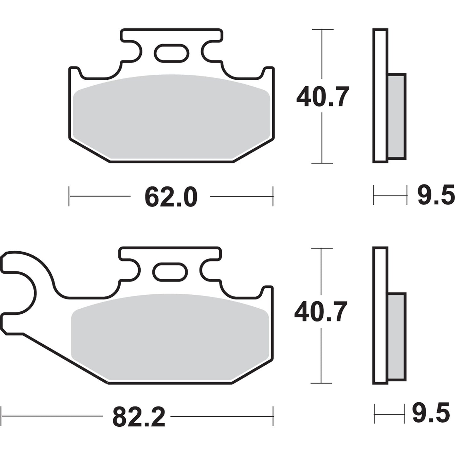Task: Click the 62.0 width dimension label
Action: click(x=171, y=197)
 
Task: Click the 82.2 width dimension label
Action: click(x=139, y=417)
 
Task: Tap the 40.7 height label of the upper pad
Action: click(x=322, y=97)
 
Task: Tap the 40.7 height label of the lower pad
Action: click(x=321, y=312)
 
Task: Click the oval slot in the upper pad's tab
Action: click(x=172, y=53)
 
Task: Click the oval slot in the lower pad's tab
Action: click(x=170, y=272)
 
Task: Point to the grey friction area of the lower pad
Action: click(x=170, y=337)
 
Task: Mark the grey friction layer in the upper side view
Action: click(x=397, y=117)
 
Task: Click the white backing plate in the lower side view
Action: click(x=380, y=315)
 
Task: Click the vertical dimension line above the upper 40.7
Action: click(x=322, y=54)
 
